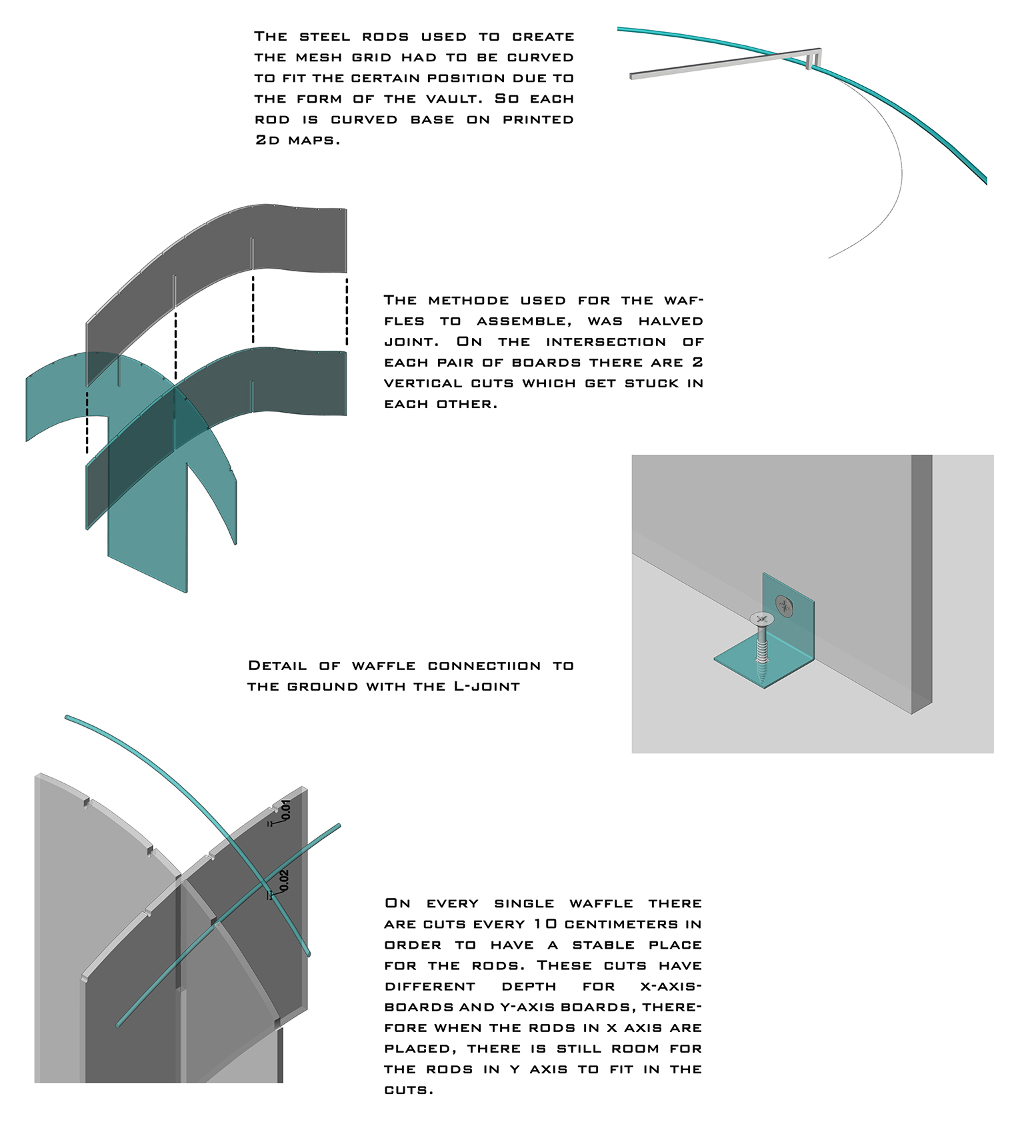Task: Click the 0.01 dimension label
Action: (x=286, y=809)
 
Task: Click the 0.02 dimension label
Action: (x=284, y=880)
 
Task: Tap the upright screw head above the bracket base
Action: (x=761, y=619)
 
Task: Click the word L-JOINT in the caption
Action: (x=487, y=686)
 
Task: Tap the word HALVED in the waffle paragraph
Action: (x=670, y=321)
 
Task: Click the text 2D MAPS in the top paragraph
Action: (x=297, y=140)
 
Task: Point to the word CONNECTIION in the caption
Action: (x=484, y=665)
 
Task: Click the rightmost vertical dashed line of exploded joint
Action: (x=347, y=311)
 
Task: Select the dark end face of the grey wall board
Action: (x=921, y=580)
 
